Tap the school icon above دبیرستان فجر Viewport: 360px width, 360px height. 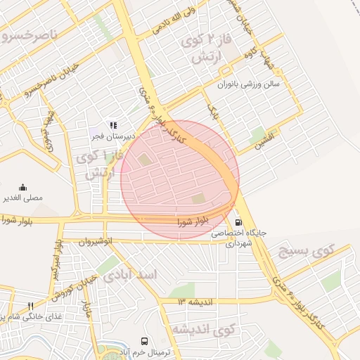click(x=112, y=124)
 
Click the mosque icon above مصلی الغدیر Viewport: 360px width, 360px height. click(x=22, y=188)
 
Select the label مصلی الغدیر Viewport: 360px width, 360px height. click(x=22, y=198)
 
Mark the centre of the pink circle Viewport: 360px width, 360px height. click(x=180, y=179)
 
